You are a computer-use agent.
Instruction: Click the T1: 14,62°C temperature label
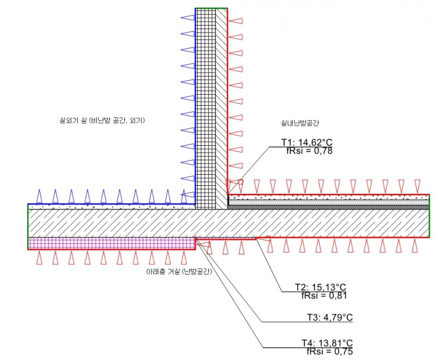(307, 142)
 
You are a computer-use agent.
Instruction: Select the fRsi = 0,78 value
(309, 150)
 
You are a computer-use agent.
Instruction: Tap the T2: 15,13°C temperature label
(320, 287)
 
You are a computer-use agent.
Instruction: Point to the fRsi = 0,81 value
(324, 296)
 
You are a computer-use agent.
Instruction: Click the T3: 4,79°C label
(329, 317)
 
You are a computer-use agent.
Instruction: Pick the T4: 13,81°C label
(327, 343)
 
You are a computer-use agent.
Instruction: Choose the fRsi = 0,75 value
(330, 351)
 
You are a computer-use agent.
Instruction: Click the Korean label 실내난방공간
(300, 123)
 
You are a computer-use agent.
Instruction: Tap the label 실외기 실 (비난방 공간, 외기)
(102, 120)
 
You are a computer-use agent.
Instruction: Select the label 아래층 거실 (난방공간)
(179, 271)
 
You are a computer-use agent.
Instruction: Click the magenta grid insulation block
(111, 243)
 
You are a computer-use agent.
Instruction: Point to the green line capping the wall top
(211, 8)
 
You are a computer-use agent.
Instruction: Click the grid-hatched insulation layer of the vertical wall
(205, 109)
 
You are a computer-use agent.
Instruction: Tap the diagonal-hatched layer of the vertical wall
(222, 109)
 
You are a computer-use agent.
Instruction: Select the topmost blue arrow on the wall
(187, 18)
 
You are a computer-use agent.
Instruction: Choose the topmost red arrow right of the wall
(235, 21)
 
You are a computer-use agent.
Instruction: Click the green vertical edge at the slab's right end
(429, 216)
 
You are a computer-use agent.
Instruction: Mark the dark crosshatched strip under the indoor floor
(328, 207)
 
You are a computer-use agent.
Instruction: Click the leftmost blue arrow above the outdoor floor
(39, 196)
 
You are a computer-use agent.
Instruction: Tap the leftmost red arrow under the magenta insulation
(39, 258)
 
